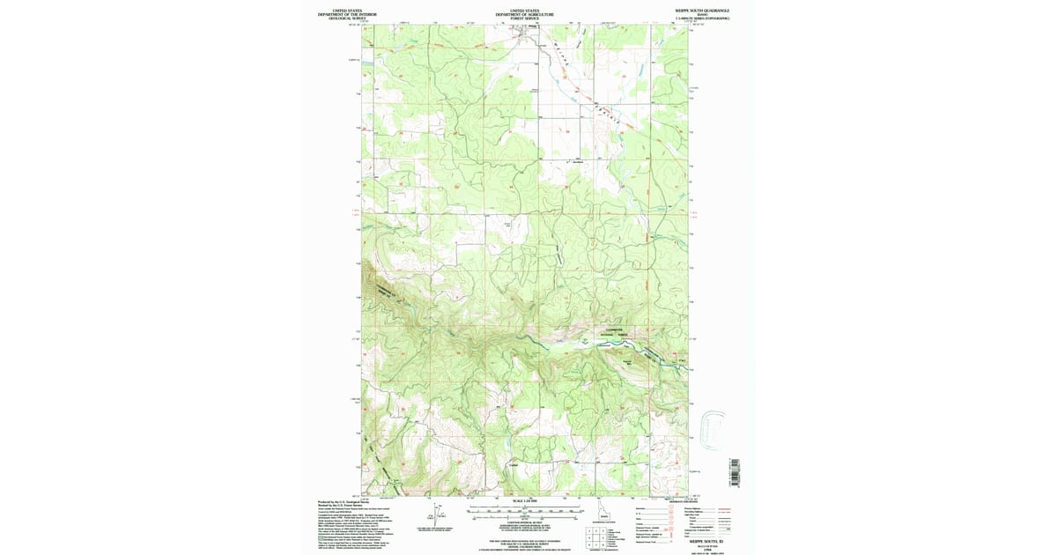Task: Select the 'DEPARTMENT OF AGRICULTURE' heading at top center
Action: click(x=524, y=14)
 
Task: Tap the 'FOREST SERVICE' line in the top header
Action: click(x=524, y=18)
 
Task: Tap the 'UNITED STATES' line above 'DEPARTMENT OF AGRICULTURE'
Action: click(x=524, y=10)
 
